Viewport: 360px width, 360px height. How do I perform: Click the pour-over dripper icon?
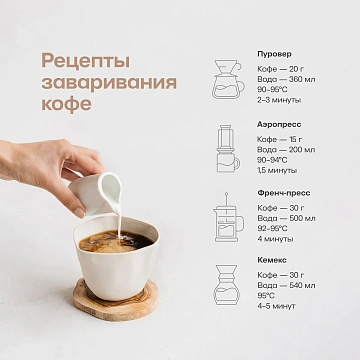(227, 79)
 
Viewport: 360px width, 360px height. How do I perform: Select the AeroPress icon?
(227, 147)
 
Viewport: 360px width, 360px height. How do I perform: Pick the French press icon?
(226, 216)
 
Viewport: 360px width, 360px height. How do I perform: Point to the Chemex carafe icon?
(227, 283)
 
